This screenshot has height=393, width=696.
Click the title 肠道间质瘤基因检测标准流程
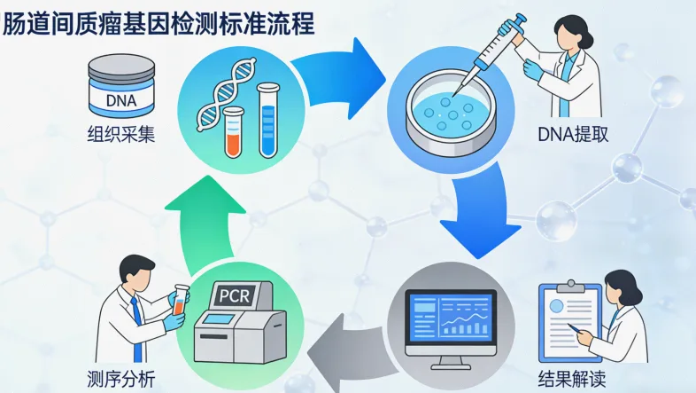pyautogui.click(x=159, y=22)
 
